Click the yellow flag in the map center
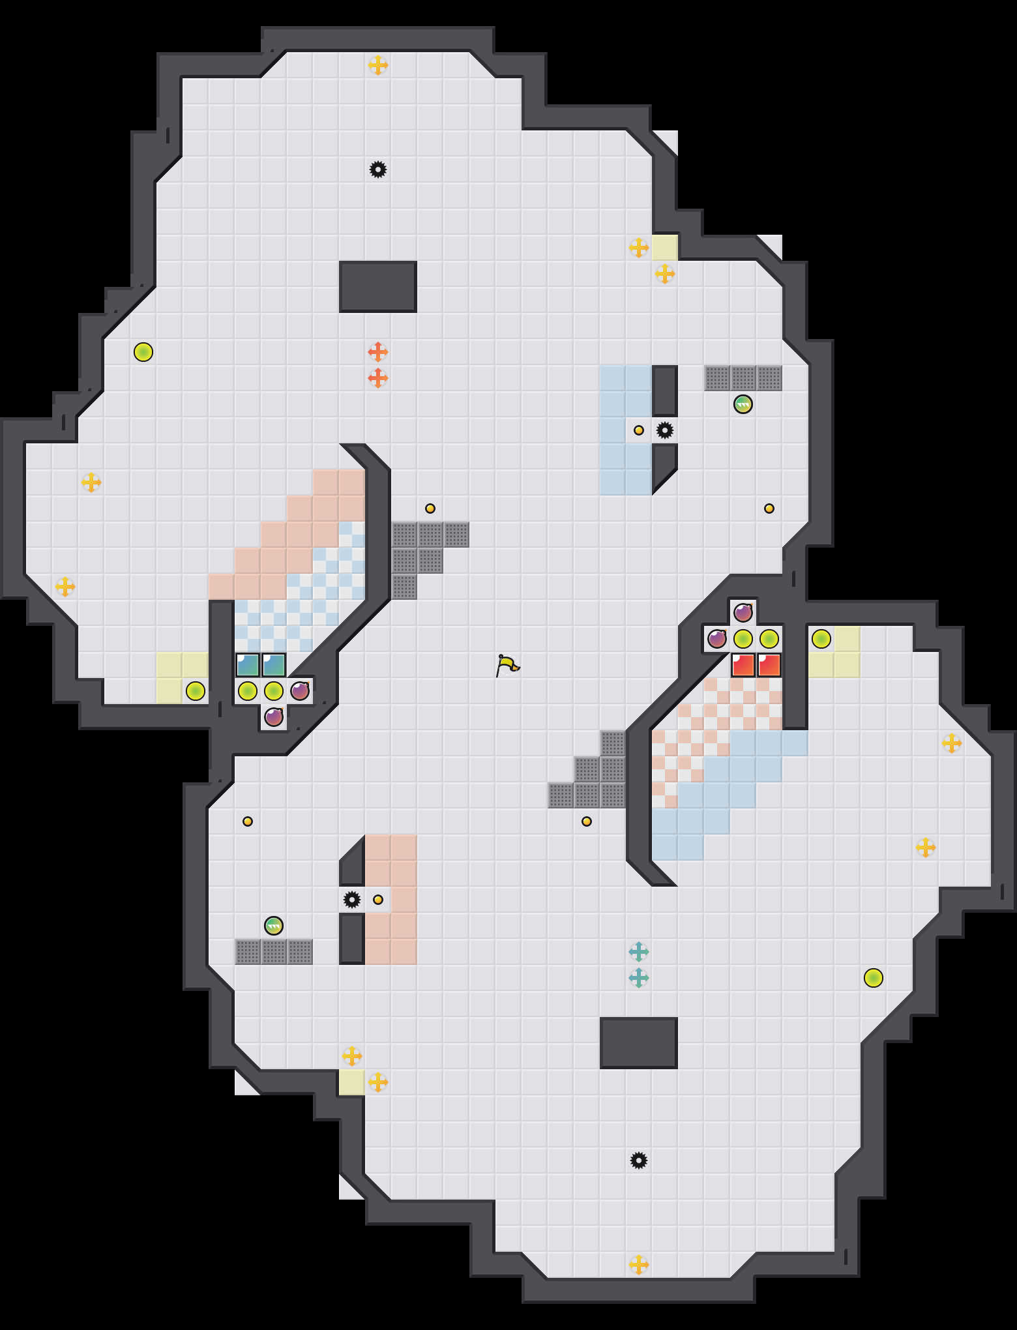point(507,665)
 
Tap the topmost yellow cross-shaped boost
point(378,65)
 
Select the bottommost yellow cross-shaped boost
point(639,1265)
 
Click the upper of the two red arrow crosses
point(378,352)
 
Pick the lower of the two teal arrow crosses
point(639,978)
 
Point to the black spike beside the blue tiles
point(665,430)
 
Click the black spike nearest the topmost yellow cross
point(378,170)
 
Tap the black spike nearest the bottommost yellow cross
point(639,1160)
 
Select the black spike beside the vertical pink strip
point(352,900)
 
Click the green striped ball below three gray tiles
point(743,404)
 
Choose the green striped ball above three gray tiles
point(274,926)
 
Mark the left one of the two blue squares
point(248,665)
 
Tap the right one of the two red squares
point(769,665)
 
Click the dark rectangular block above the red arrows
point(378,287)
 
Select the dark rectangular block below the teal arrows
point(639,1043)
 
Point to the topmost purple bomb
point(743,613)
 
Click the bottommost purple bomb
point(274,717)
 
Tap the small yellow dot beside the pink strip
point(378,900)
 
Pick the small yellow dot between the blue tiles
point(639,430)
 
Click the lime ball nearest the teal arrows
point(874,978)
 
